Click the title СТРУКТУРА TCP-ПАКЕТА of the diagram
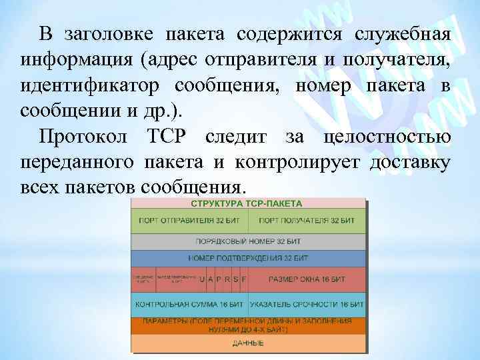[248, 203]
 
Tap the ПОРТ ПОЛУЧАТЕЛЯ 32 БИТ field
[307, 220]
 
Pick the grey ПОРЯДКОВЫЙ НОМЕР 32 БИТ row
[248, 240]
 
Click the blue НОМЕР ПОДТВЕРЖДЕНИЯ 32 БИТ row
[248, 257]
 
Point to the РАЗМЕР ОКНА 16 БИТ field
[307, 279]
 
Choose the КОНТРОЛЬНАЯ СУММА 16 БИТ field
[189, 304]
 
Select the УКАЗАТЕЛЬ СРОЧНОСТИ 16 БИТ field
[307, 304]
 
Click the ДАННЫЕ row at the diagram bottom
[248, 343]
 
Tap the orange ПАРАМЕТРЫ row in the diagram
[248, 325]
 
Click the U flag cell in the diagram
[203, 279]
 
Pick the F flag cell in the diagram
[243, 279]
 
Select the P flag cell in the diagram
[219, 279]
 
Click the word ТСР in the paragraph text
[166, 137]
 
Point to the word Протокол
[83, 137]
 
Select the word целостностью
[387, 137]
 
